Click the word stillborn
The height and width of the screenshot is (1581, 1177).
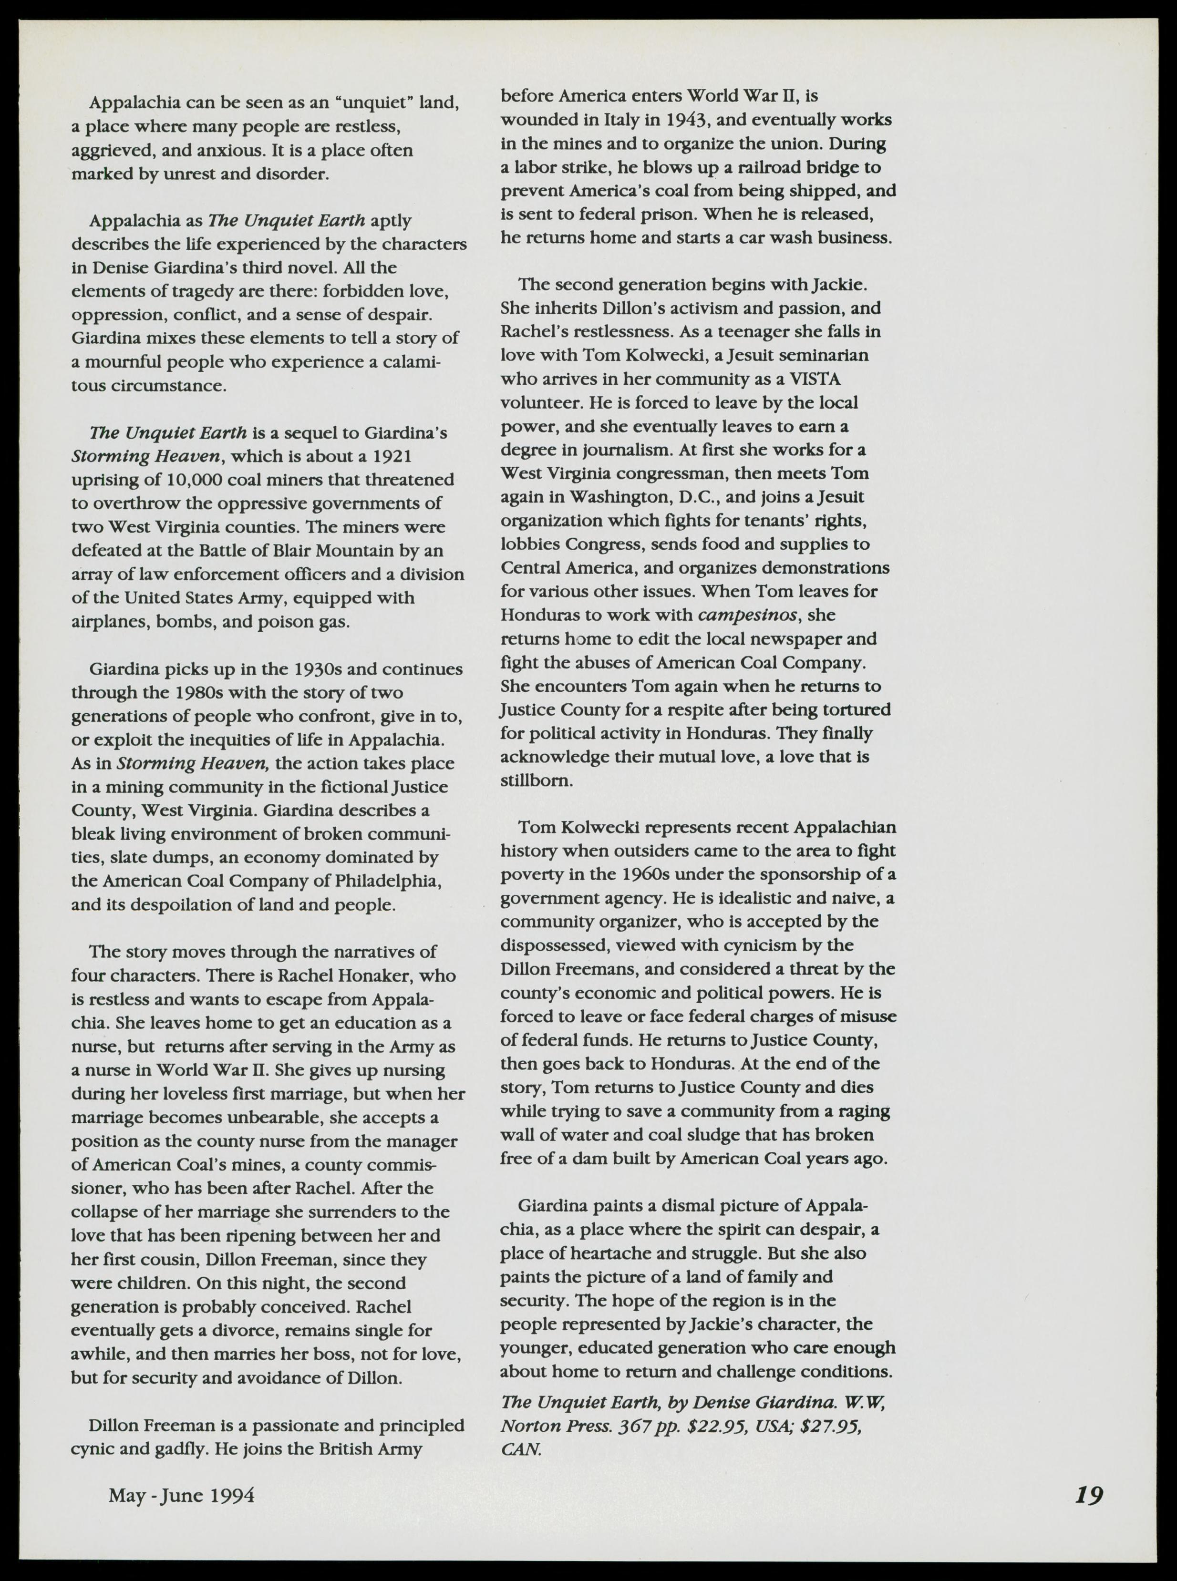(536, 780)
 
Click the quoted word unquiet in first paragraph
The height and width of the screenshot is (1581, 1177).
(375, 103)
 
